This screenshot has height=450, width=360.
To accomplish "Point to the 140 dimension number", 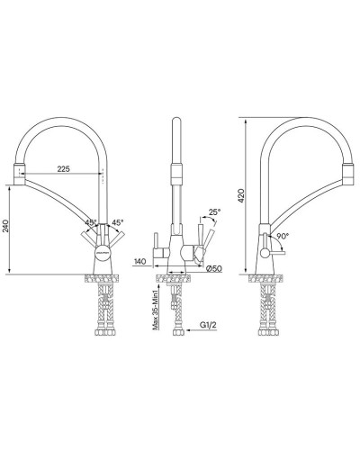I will pyautogui.click(x=139, y=261).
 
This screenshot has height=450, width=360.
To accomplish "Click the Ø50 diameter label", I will pyautogui.click(x=213, y=266).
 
